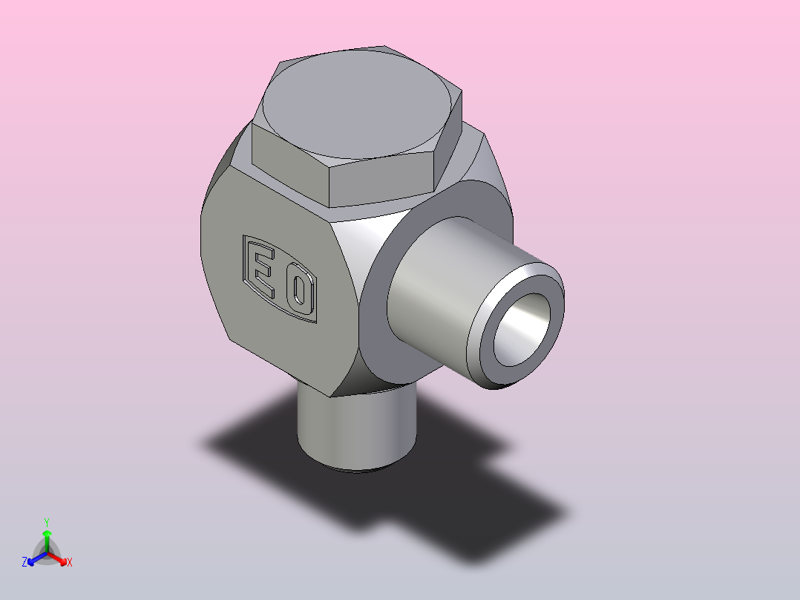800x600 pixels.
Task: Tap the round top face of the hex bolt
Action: [357, 104]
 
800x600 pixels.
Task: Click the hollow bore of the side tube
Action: [522, 330]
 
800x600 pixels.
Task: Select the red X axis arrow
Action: [57, 558]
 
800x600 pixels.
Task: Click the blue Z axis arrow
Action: [37, 558]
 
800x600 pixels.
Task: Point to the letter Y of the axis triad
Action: [47, 522]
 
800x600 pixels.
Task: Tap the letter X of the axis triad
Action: [70, 562]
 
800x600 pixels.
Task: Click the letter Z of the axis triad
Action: [24, 562]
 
